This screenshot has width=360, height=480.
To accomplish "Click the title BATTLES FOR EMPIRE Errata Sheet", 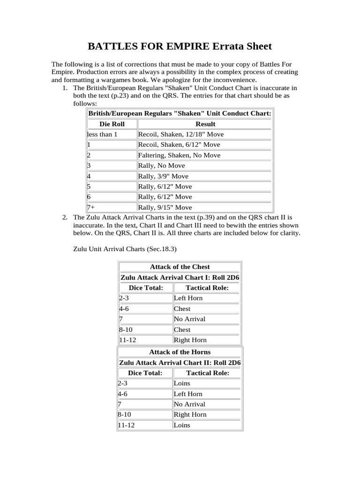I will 180,46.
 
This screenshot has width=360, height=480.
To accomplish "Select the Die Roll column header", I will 112,124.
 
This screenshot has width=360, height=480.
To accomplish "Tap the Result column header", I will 205,124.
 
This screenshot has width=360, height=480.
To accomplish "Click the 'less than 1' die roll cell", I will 102,135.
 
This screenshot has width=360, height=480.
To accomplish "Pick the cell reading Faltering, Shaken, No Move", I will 179,155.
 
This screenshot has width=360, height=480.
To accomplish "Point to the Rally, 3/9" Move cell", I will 163,176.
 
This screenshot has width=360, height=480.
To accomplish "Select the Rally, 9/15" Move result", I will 165,207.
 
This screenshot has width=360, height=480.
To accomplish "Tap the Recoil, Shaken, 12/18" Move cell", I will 181,135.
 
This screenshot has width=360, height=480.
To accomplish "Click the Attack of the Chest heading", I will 180,267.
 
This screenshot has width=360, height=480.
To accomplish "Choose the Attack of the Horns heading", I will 180,352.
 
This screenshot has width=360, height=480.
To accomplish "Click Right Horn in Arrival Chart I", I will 190,340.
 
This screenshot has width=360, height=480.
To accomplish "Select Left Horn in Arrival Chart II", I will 188,394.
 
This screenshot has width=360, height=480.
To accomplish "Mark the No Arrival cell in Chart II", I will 189,404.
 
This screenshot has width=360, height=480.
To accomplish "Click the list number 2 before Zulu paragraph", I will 65,217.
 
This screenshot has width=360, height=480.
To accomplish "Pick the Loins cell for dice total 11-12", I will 182,425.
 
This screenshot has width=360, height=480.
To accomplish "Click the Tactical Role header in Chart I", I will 207,288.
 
